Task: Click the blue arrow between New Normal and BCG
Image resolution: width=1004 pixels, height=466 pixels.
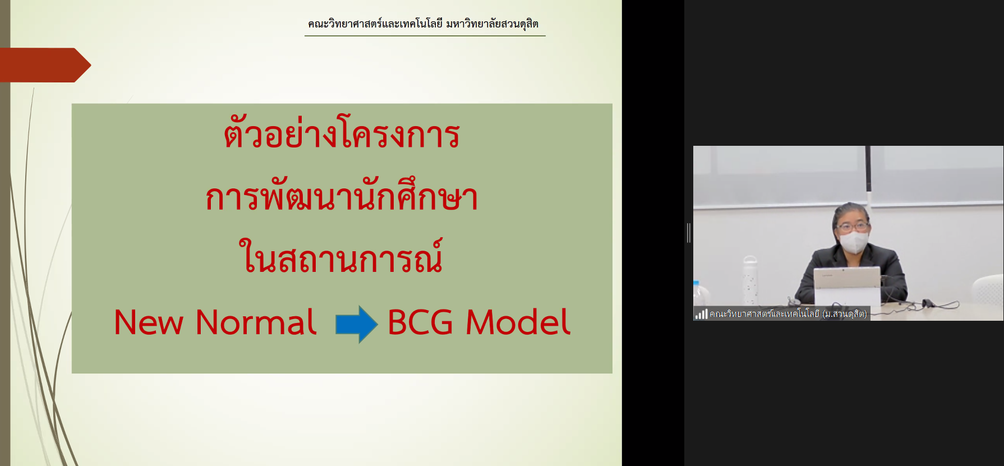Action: (356, 324)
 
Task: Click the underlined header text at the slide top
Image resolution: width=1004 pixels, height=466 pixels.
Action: (423, 24)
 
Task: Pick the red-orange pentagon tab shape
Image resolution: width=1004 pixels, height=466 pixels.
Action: (45, 65)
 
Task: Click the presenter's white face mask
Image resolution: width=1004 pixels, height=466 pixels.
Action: (854, 242)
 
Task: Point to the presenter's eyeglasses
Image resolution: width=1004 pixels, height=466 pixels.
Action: (853, 227)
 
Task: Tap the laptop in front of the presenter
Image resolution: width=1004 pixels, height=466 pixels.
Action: (847, 286)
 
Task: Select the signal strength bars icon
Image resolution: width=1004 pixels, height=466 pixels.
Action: (701, 314)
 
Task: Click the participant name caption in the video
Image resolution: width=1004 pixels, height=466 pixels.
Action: (788, 314)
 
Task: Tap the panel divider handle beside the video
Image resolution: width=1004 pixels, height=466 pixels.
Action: (689, 233)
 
